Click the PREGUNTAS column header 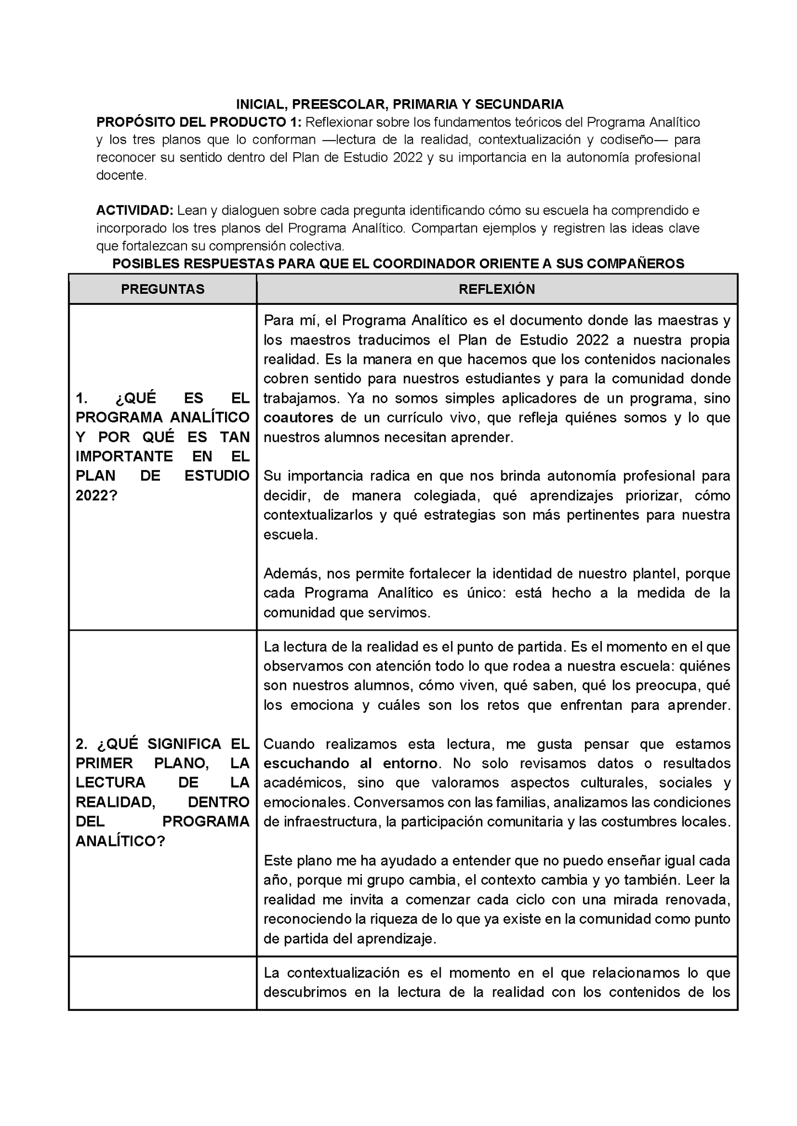163,289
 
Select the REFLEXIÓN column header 496,289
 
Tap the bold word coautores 298,418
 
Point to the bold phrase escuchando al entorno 351,763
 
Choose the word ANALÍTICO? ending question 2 120,841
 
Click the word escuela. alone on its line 291,535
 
